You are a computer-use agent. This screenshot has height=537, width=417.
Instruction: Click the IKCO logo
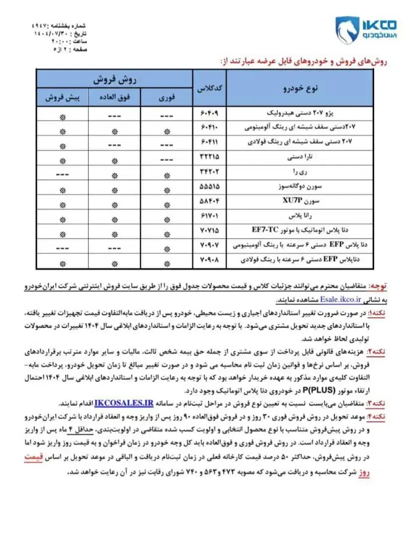(x=365, y=30)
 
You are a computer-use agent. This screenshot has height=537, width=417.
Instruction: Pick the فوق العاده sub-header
(x=115, y=97)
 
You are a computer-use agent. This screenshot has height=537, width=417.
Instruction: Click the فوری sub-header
(x=167, y=97)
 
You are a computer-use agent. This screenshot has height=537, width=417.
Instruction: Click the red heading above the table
(x=304, y=60)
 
